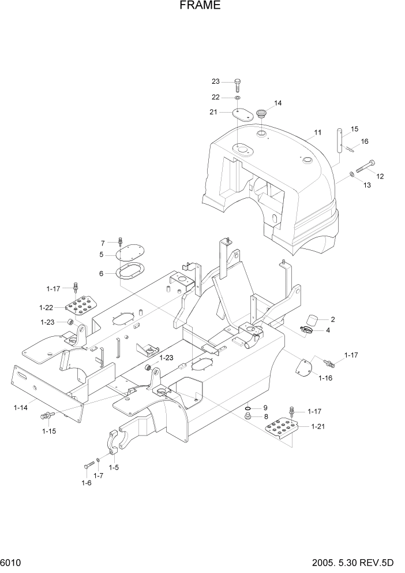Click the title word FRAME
click(200, 6)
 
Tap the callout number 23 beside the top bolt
click(215, 81)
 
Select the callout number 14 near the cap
click(277, 103)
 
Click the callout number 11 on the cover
click(317, 133)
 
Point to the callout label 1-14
click(20, 408)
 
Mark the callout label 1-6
click(86, 483)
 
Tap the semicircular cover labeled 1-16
click(303, 367)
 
